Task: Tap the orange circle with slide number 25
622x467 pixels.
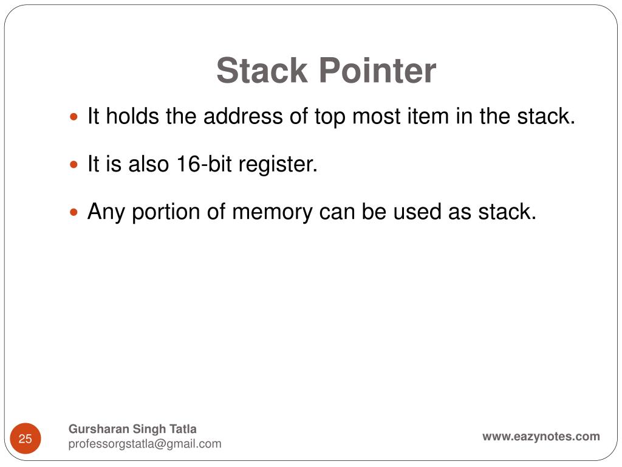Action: [26, 438]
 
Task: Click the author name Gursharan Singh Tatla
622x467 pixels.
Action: [132, 429]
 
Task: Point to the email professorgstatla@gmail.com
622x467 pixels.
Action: [145, 444]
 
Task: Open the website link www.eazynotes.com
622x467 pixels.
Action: [541, 436]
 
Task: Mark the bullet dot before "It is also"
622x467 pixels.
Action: [75, 165]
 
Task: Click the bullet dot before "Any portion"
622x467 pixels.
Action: [75, 213]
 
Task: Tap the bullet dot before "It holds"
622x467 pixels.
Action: [75, 117]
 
